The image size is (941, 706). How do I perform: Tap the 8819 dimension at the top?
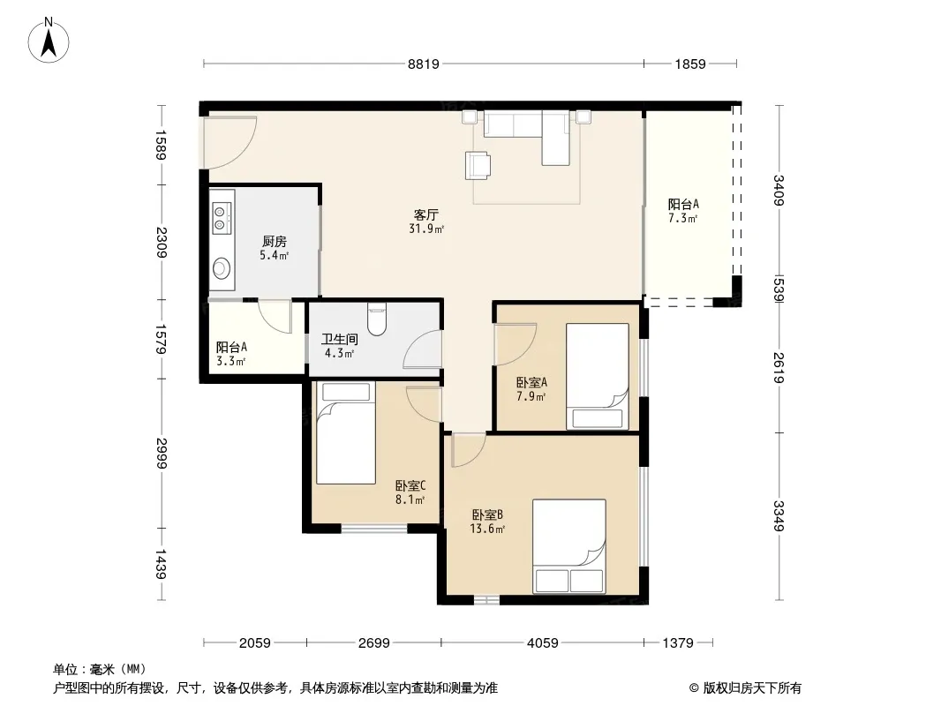pyautogui.click(x=424, y=64)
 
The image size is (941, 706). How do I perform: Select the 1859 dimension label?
pyautogui.click(x=690, y=64)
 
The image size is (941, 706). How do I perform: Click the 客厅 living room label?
pyautogui.click(x=426, y=214)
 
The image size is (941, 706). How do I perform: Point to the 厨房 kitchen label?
pyautogui.click(x=275, y=241)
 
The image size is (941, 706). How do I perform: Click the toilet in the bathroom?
pyautogui.click(x=377, y=319)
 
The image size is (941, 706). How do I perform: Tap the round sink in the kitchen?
pyautogui.click(x=222, y=268)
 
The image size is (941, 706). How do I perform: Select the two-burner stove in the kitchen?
pyautogui.click(x=221, y=218)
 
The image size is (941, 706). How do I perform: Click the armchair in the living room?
pyautogui.click(x=478, y=165)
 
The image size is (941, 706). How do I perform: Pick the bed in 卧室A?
pyautogui.click(x=597, y=377)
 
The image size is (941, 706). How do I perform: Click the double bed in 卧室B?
pyautogui.click(x=568, y=546)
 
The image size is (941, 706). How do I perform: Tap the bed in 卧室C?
pyautogui.click(x=346, y=433)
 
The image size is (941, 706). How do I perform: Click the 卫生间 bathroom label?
pyautogui.click(x=340, y=339)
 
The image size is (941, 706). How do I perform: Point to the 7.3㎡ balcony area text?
pyautogui.click(x=683, y=218)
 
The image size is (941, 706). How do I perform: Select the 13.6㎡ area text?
pyautogui.click(x=487, y=529)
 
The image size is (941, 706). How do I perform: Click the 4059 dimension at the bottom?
pyautogui.click(x=543, y=643)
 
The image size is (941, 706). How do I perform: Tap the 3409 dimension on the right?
pyautogui.click(x=779, y=190)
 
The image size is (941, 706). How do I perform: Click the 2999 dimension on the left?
pyautogui.click(x=161, y=454)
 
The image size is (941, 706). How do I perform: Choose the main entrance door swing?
pyautogui.click(x=229, y=142)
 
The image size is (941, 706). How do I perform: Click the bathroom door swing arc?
pyautogui.click(x=422, y=348)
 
